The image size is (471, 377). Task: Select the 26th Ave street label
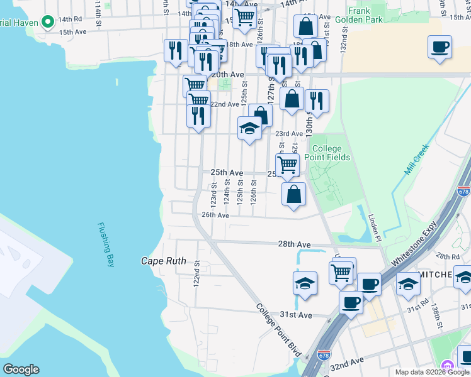[x=214, y=215]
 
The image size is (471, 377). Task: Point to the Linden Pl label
[x=375, y=226]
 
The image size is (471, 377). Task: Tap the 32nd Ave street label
[x=347, y=363]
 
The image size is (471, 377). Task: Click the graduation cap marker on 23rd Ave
[x=250, y=129]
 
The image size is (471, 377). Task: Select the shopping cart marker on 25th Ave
[x=288, y=165]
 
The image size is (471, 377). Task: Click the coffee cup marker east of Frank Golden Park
[x=440, y=47]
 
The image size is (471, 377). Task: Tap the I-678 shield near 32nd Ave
[x=324, y=356]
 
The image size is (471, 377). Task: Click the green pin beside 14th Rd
[x=48, y=23]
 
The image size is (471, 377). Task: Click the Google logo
[x=21, y=369]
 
